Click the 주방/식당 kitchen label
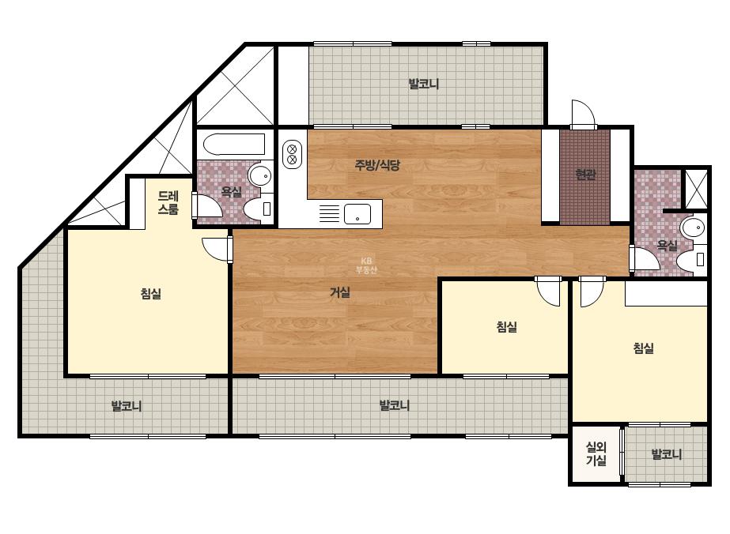click(377, 164)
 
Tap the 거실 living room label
click(340, 292)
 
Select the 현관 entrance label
click(585, 175)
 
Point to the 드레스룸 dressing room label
click(168, 203)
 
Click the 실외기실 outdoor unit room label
click(596, 454)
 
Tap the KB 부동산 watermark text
click(366, 265)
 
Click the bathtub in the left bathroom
click(234, 145)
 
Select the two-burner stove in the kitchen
click(293, 154)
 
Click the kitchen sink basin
click(357, 214)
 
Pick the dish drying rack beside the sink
click(329, 214)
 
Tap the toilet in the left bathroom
click(258, 209)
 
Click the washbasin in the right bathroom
click(693, 228)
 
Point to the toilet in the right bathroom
click(691, 260)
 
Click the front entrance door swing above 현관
click(584, 114)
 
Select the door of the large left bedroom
click(217, 250)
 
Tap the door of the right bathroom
click(645, 258)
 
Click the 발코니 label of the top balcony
click(424, 85)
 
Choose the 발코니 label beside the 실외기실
click(666, 454)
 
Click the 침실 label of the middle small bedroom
click(506, 326)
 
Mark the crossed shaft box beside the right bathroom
click(696, 188)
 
